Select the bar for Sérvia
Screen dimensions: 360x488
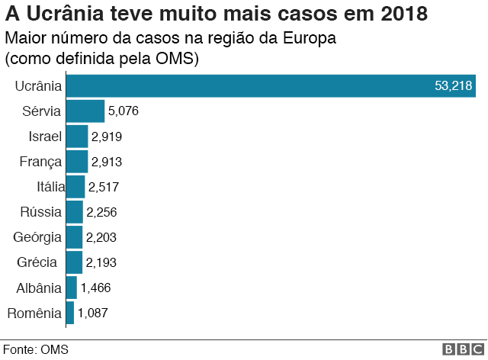point(85,111)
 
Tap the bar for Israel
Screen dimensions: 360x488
point(77,137)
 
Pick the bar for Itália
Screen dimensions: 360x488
point(75,187)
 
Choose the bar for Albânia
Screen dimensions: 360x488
point(72,288)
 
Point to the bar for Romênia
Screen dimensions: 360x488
point(70,313)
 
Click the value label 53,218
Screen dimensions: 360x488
point(453,86)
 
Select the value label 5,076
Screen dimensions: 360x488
point(124,111)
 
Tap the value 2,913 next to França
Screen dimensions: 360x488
point(107,162)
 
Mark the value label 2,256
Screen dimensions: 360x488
point(101,212)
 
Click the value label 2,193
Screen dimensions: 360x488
point(101,262)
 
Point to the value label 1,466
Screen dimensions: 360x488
point(96,288)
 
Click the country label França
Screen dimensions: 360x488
point(40,162)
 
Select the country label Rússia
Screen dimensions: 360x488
point(40,212)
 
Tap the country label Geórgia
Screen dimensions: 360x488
point(37,237)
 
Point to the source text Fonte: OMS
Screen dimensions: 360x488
point(36,350)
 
